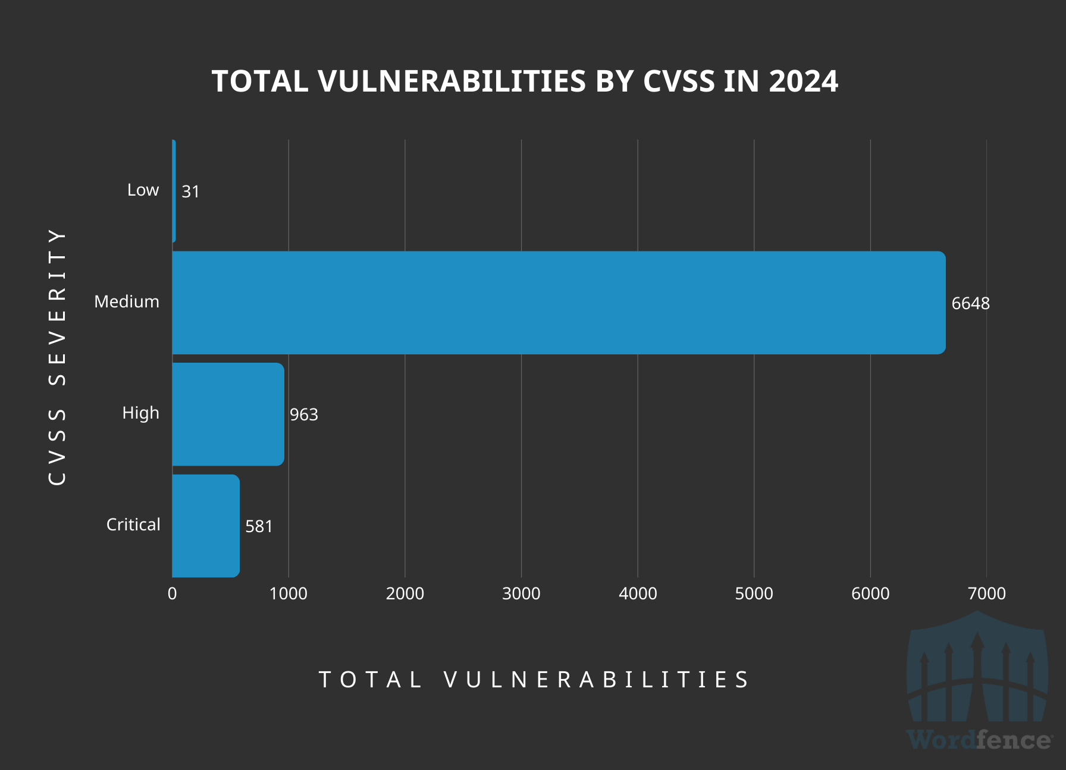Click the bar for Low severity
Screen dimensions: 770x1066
pyautogui.click(x=174, y=191)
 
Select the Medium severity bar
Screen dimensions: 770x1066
pyautogui.click(x=558, y=303)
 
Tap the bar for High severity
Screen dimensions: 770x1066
pyautogui.click(x=228, y=414)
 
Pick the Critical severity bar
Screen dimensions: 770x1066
pyautogui.click(x=206, y=526)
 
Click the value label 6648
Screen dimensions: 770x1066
pyautogui.click(x=970, y=303)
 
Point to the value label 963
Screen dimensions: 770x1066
pyautogui.click(x=303, y=414)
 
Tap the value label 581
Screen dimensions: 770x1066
pyautogui.click(x=259, y=526)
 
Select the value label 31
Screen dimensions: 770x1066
pyautogui.click(x=190, y=191)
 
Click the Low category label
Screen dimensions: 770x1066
pyautogui.click(x=143, y=190)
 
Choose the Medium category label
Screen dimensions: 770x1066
pyautogui.click(x=127, y=301)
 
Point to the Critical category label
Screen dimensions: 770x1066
pyautogui.click(x=133, y=524)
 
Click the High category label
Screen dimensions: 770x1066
pyautogui.click(x=140, y=413)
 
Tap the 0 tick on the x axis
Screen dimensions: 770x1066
pyautogui.click(x=172, y=593)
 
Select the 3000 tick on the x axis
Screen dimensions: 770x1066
pyautogui.click(x=521, y=593)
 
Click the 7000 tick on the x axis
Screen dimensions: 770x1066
pyautogui.click(x=986, y=593)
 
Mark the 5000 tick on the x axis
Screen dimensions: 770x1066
pyautogui.click(x=754, y=593)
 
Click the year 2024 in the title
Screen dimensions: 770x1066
pyautogui.click(x=803, y=81)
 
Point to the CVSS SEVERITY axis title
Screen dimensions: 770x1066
pyautogui.click(x=57, y=357)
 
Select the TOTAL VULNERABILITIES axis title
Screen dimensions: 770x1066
pyautogui.click(x=534, y=680)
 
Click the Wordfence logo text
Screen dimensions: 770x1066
pyautogui.click(x=979, y=740)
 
